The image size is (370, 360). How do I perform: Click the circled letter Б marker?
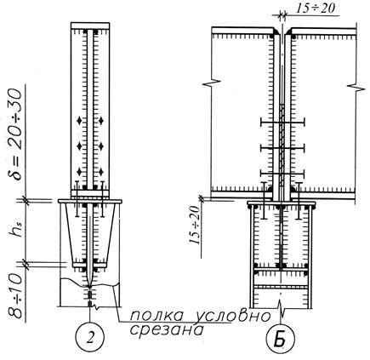[281, 339]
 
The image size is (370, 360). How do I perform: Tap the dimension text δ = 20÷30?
[14, 134]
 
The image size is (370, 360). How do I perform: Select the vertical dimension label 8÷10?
[14, 295]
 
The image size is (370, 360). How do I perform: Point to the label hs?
[14, 231]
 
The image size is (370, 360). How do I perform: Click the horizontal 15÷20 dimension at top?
[316, 9]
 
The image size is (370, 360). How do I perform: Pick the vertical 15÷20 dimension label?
[195, 224]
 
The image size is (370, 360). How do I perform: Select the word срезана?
[168, 329]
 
